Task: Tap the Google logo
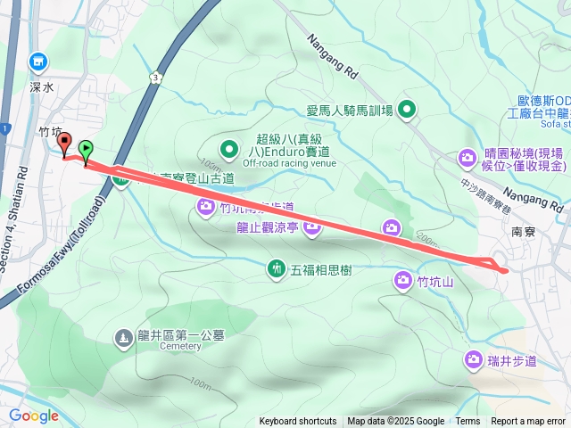pos(34,416)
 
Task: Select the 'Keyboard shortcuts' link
pos(298,422)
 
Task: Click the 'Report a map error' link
pos(528,422)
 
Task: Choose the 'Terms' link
pos(468,422)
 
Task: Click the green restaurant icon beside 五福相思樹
pos(277,267)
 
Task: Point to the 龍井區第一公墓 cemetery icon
pos(123,338)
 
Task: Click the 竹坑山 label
pos(436,283)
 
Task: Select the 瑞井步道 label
pos(512,360)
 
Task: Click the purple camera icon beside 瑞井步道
pos(473,360)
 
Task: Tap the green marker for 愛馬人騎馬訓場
pos(407,110)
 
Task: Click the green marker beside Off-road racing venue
pos(228,149)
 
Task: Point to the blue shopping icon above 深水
pos(38,62)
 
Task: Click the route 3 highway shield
pos(156,78)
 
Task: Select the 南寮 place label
pos(524,230)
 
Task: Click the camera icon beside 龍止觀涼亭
pos(312,228)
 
